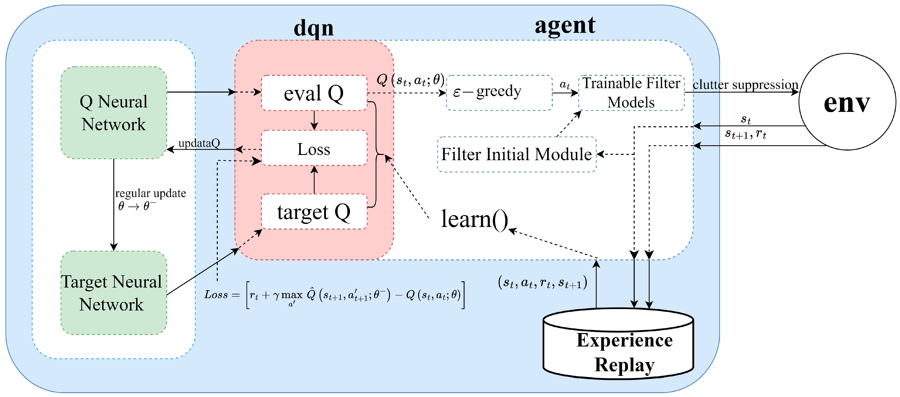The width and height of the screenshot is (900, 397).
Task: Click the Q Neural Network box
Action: click(x=114, y=112)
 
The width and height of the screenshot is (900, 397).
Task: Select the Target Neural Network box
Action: click(x=114, y=293)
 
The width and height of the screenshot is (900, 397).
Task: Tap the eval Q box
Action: click(x=314, y=93)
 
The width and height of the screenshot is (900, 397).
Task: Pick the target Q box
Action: click(x=314, y=212)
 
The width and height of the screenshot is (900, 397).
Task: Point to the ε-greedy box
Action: click(x=499, y=93)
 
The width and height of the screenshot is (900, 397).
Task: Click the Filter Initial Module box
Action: click(x=516, y=154)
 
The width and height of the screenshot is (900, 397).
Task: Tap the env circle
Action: click(x=847, y=102)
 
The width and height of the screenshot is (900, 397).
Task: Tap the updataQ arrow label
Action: click(x=199, y=143)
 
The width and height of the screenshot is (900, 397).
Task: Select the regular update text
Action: click(x=151, y=193)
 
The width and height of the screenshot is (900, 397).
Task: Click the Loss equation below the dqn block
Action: click(x=334, y=295)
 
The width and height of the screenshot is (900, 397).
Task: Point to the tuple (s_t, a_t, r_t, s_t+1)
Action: click(x=542, y=282)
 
